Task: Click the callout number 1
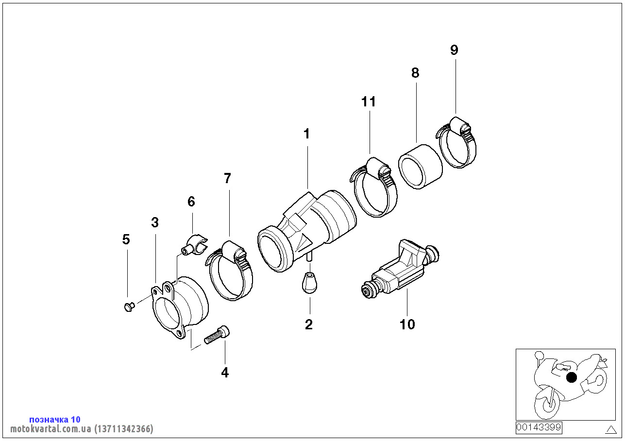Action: coord(306,134)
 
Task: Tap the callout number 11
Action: coord(369,102)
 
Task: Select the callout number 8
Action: coord(415,73)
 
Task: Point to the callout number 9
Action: coord(454,50)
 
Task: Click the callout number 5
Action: coord(126,239)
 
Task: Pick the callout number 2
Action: coord(309,324)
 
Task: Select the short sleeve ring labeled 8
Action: coord(421,167)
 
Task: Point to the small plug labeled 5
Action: coord(128,306)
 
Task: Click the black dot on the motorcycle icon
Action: coord(572,377)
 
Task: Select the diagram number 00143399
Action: coord(539,427)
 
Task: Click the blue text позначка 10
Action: coord(55,419)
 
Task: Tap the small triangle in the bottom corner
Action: coord(611,429)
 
